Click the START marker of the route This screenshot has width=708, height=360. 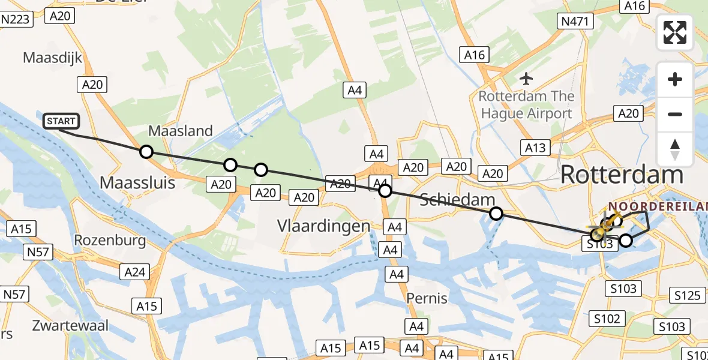point(61,121)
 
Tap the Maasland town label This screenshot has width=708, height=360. point(181,131)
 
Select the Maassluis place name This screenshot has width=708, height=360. point(138,182)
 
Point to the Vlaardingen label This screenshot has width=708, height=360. point(323,226)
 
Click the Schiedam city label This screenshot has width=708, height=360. point(457,200)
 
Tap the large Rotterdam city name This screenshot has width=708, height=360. point(622,175)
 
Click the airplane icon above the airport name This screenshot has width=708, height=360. point(526,78)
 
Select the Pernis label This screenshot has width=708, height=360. point(427,298)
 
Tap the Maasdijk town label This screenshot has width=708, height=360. point(52,58)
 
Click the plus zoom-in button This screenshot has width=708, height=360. point(675,80)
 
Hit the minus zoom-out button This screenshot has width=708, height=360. point(675,115)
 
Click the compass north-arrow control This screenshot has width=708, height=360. point(675,149)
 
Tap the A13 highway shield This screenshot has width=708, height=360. point(535,148)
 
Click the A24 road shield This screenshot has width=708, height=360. point(134,272)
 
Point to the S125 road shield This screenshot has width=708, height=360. point(687,295)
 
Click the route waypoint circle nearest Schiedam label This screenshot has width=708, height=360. point(496,213)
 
